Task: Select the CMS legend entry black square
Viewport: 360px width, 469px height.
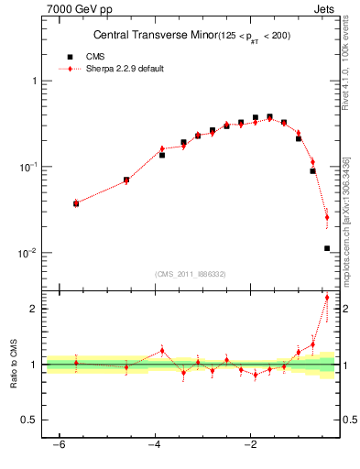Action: [70, 57]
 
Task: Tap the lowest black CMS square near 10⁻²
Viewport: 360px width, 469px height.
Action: [326, 248]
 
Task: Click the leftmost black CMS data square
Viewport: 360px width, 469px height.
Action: [76, 203]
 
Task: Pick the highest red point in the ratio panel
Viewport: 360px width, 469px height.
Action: [327, 298]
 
